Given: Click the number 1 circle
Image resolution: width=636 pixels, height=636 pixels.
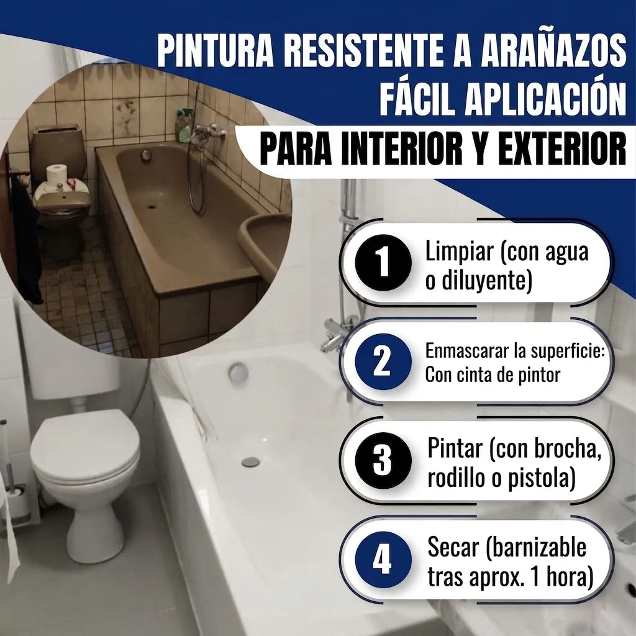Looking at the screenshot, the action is click(383, 263).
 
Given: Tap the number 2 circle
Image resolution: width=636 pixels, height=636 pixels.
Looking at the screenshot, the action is click(383, 361).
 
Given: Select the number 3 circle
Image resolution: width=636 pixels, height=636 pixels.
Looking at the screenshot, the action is click(383, 460).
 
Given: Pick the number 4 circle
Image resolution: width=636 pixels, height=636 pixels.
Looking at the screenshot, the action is click(383, 560).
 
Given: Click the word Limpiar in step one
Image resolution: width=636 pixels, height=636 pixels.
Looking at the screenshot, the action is click(459, 252).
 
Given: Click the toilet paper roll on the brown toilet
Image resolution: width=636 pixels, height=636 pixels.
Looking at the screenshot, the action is click(57, 174).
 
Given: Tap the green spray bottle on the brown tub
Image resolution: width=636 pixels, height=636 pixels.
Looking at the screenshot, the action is click(184, 125).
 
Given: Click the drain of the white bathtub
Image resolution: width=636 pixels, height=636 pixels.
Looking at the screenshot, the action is click(250, 461).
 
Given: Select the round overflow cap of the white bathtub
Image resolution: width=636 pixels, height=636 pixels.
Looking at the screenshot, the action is click(238, 373).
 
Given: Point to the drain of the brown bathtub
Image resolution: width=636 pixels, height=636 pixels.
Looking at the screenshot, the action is click(152, 206).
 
